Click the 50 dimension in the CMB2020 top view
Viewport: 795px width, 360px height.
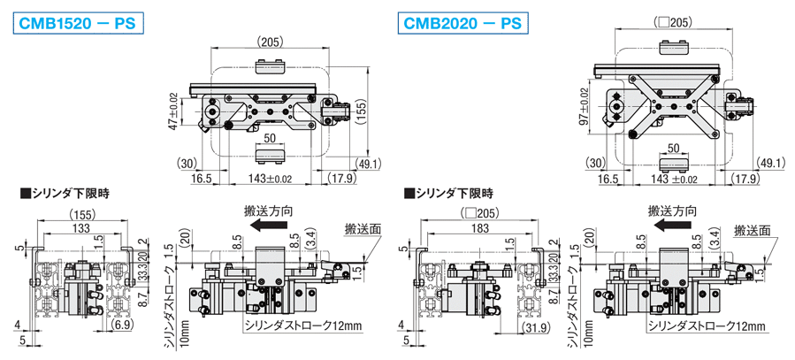coord(673,149)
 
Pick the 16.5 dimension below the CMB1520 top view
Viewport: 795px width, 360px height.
coord(203,179)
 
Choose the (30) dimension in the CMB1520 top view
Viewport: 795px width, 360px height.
coord(186,163)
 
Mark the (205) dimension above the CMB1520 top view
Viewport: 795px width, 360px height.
coord(271,42)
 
